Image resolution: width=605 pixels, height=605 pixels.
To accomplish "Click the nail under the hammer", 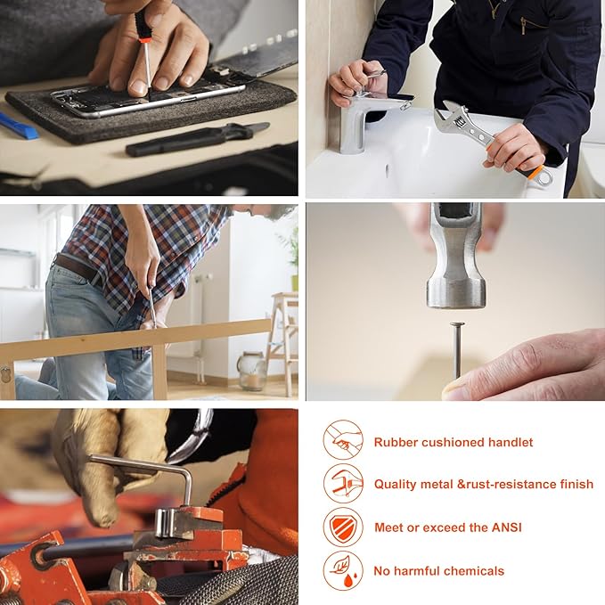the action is (x=458, y=350).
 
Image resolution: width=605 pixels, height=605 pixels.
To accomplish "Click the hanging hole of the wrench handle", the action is (x=544, y=178).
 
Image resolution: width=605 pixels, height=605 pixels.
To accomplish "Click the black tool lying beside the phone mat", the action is (x=197, y=139).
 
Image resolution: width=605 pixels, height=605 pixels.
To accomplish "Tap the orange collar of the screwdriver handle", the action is (x=144, y=39).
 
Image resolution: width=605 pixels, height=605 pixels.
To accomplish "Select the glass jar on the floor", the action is (x=251, y=372).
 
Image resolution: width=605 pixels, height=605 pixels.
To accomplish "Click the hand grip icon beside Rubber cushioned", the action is (x=343, y=439).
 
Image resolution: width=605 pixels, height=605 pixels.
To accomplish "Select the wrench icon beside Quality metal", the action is (x=343, y=484).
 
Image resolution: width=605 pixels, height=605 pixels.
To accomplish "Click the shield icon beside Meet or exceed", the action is (x=343, y=527).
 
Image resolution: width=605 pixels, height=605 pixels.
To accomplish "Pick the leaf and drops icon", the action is (x=343, y=570).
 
